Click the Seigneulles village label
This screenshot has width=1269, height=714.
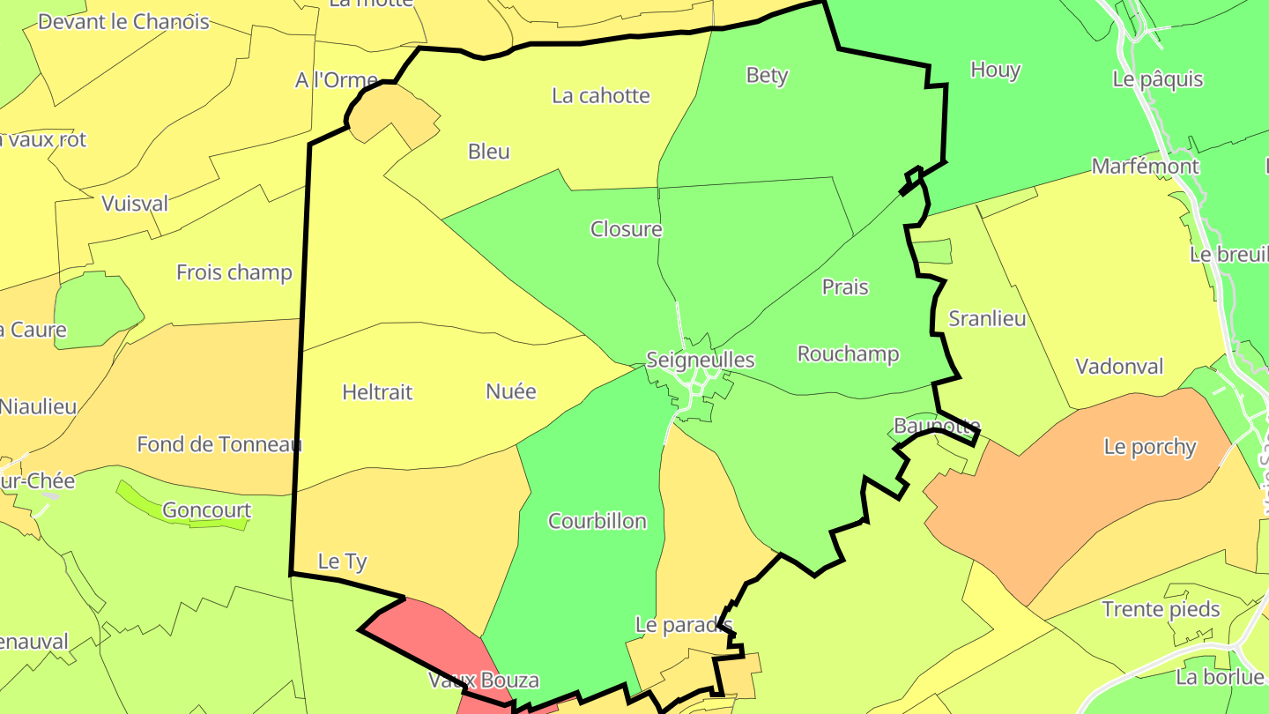[x=701, y=360]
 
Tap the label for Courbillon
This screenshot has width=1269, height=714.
[x=597, y=521]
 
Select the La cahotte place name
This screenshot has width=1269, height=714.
[x=601, y=95]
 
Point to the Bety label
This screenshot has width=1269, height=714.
[x=767, y=75]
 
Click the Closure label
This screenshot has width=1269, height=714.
[x=626, y=229]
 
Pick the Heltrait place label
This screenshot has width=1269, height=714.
[x=377, y=392]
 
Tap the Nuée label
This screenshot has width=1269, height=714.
[x=511, y=391]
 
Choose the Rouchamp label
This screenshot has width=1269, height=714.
[x=848, y=354]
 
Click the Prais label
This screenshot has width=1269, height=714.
[x=845, y=287]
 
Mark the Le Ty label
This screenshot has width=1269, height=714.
[x=342, y=562]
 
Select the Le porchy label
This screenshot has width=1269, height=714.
[x=1150, y=447]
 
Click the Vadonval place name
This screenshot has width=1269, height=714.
[x=1119, y=367]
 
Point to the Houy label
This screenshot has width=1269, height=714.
[x=995, y=71]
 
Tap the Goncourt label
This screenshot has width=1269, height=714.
[x=207, y=510]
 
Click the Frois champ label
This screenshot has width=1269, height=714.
[x=234, y=272]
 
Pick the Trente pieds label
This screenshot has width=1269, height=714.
[x=1161, y=609]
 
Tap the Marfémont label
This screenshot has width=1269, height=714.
[x=1145, y=167]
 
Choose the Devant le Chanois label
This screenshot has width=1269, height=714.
[x=123, y=22]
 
